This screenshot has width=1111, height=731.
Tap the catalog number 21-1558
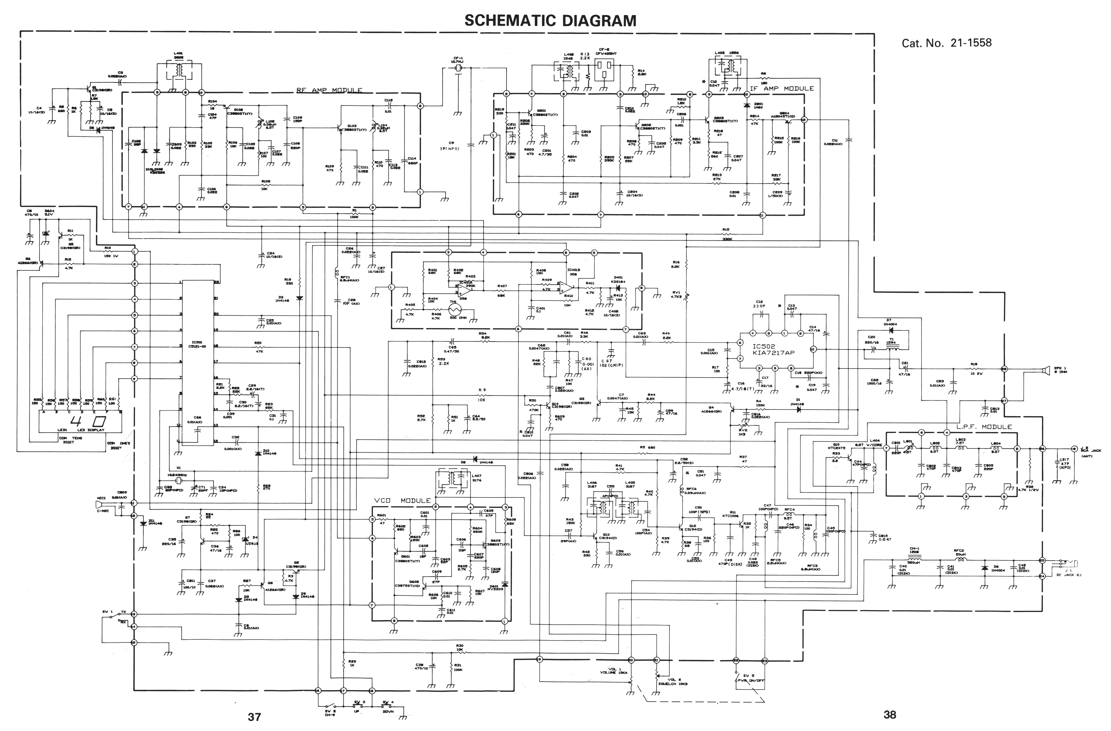coord(947,43)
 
